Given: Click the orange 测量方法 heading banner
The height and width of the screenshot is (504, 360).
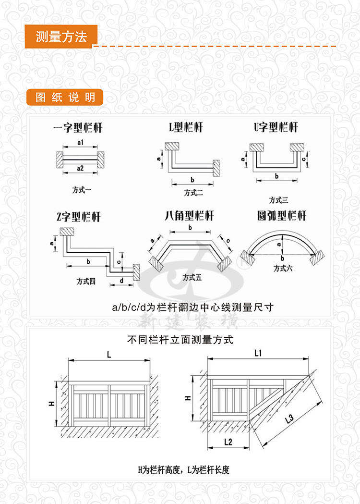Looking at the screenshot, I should pyautogui.click(x=61, y=37).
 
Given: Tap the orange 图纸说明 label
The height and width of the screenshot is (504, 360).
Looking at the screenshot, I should pyautogui.click(x=65, y=98).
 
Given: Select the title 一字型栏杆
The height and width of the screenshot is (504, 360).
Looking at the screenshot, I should pyautogui.click(x=78, y=128).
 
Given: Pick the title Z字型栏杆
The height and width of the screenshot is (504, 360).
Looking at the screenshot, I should pyautogui.click(x=78, y=217).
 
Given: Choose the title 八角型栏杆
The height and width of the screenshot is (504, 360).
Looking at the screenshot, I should pyautogui.click(x=189, y=216).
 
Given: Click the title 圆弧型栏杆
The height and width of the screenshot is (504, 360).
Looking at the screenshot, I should pyautogui.click(x=281, y=216).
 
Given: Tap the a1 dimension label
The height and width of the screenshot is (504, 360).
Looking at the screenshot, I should pyautogui.click(x=80, y=143).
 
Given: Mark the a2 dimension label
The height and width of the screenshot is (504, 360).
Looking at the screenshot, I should pyautogui.click(x=80, y=168).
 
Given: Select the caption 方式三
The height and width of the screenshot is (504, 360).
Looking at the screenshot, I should pyautogui.click(x=278, y=200).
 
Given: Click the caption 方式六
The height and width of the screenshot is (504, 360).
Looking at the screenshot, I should pyautogui.click(x=283, y=269).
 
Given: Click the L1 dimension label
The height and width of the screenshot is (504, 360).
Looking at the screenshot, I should pyautogui.click(x=257, y=353).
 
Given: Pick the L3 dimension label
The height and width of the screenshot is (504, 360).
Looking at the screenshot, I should pyautogui.click(x=289, y=419).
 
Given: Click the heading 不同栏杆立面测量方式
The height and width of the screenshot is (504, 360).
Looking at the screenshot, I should pyautogui.click(x=180, y=341).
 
